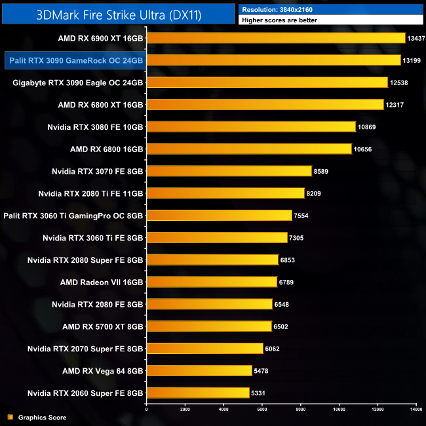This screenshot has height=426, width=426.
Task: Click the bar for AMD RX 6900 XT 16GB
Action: (x=275, y=38)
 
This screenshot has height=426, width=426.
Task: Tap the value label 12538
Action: (x=401, y=83)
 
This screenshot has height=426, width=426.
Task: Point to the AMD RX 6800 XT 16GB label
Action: (x=100, y=105)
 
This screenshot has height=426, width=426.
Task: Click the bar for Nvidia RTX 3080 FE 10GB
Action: (x=250, y=126)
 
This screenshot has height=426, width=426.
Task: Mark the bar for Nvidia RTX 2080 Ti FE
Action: (x=225, y=193)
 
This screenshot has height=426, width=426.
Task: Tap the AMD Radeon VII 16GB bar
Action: (x=211, y=282)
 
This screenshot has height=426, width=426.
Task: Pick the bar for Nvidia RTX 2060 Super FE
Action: (x=197, y=393)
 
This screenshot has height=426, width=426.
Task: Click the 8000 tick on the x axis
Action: (x=301, y=410)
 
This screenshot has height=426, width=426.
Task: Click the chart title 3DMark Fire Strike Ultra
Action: (x=118, y=13)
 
